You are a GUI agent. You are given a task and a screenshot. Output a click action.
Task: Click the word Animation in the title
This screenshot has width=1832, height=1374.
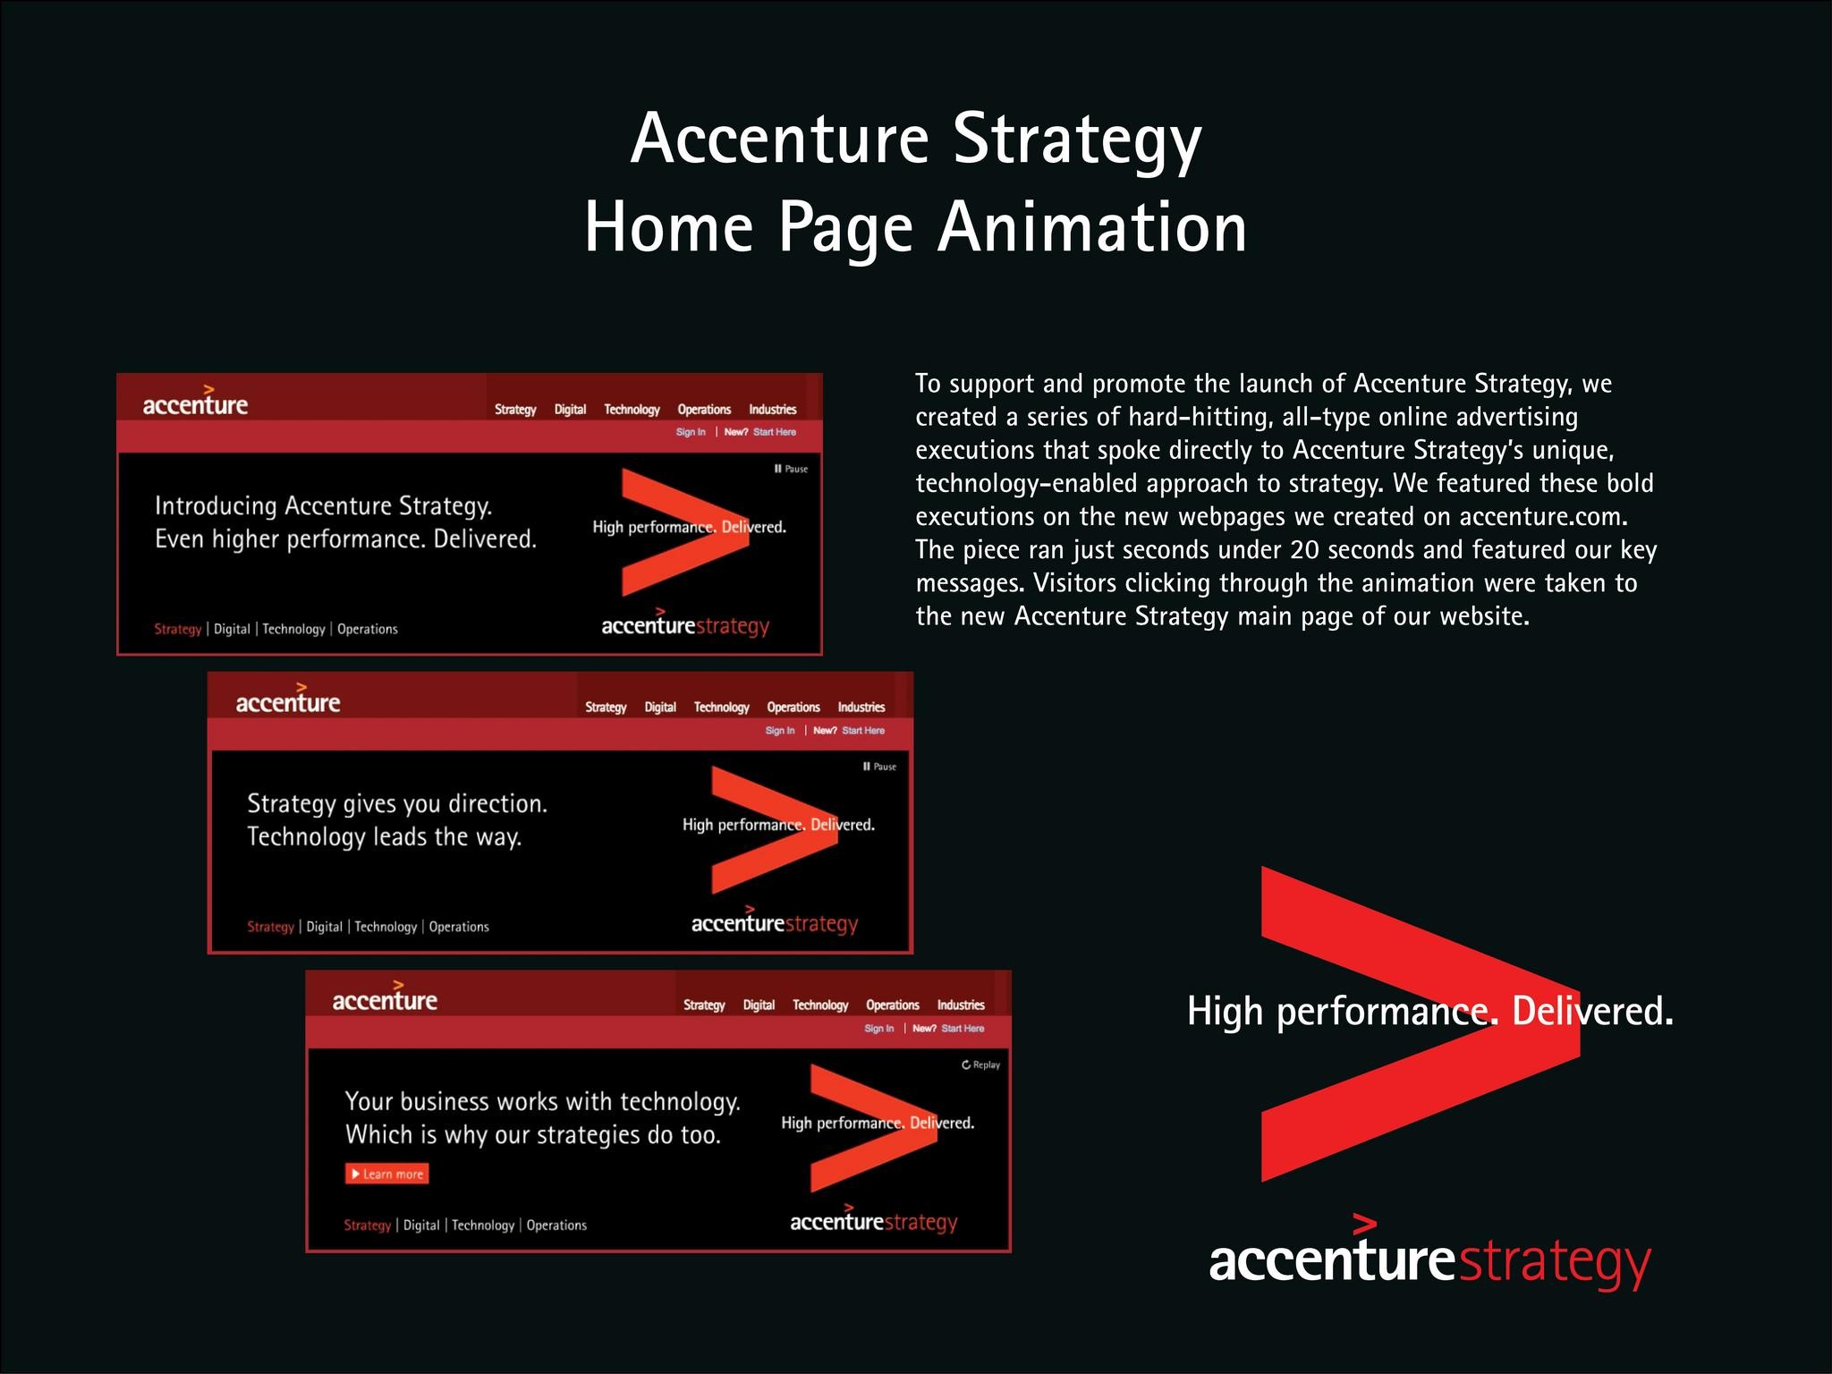[x=1092, y=228]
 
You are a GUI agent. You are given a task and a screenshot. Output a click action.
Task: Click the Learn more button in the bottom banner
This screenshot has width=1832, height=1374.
[x=387, y=1174]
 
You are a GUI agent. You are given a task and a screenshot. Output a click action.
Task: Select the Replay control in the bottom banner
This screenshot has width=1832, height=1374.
[x=981, y=1064]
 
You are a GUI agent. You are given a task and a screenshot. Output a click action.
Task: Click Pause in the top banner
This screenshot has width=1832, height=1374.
[x=792, y=469]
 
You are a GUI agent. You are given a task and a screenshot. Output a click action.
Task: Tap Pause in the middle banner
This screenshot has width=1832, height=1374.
[x=880, y=767]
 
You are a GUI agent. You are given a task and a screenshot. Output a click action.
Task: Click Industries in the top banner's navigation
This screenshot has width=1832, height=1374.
[x=772, y=410]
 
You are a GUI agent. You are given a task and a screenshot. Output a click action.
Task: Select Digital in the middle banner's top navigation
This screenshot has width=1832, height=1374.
[x=660, y=708]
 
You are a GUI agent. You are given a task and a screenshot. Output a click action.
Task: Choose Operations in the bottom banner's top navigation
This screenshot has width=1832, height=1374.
[x=892, y=1005]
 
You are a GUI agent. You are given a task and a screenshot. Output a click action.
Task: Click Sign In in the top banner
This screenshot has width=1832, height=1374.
[x=691, y=432]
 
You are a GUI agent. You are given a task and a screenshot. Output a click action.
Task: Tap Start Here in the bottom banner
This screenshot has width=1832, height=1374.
[x=963, y=1029]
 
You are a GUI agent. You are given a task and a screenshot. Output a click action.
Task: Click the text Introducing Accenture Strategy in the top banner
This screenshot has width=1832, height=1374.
[x=323, y=506]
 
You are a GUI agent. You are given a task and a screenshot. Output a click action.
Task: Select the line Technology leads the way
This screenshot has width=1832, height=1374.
[x=384, y=837]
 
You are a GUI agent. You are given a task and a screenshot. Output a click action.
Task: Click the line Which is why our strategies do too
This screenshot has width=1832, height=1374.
[x=532, y=1135]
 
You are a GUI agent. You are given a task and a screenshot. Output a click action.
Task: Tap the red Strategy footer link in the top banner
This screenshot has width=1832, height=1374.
[x=178, y=629]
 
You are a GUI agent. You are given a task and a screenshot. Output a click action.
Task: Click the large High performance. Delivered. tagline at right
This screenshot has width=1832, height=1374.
[x=1429, y=1012]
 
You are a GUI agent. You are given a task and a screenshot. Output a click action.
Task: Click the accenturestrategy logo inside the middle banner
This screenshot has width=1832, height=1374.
[x=775, y=923]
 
